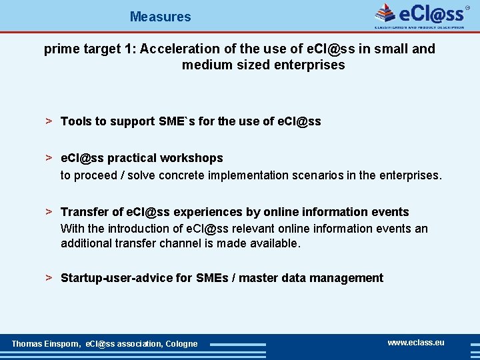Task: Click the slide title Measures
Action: point(160,17)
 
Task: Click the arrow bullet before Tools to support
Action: point(49,121)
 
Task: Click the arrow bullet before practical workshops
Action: point(49,157)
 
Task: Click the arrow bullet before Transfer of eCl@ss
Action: point(49,211)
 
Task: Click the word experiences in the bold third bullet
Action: point(206,212)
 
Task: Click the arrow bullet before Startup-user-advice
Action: point(49,277)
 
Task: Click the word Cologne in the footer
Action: point(181,343)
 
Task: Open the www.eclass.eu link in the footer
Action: point(415,343)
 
